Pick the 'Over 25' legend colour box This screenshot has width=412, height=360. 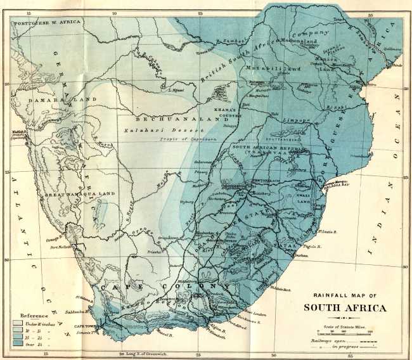17,343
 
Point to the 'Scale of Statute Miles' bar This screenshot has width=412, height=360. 343,331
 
